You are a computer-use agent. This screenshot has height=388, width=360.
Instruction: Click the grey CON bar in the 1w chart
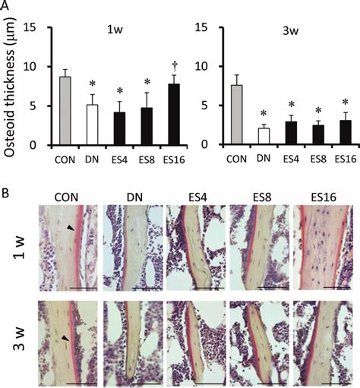tap(66, 111)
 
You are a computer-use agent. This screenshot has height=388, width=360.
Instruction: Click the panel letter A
tap(6, 7)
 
